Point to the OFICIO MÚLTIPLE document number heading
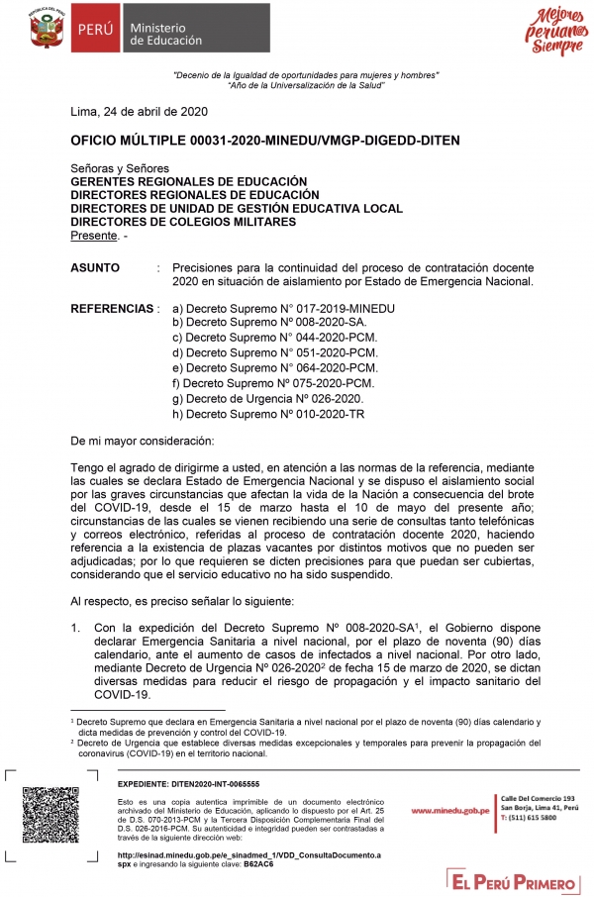[x=265, y=141]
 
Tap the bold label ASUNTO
[x=95, y=267]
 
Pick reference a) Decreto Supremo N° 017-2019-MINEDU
[x=283, y=309]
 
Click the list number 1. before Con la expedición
[x=75, y=628]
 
